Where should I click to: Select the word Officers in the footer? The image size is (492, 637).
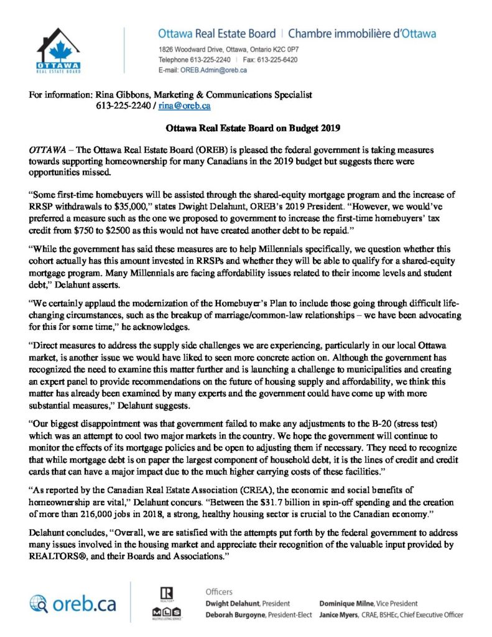click(220, 591)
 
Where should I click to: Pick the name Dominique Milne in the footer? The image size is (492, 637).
click(347, 603)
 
